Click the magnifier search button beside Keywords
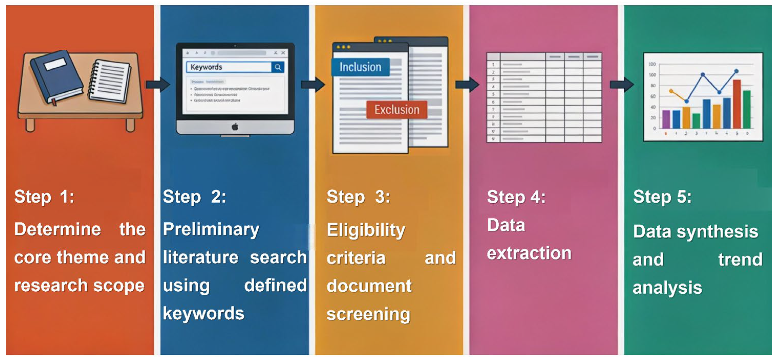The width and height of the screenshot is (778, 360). pyautogui.click(x=278, y=67)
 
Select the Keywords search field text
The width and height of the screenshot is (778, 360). pyautogui.click(x=206, y=67)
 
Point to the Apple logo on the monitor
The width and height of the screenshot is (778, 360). pyautogui.click(x=235, y=127)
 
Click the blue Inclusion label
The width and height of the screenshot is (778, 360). pyautogui.click(x=360, y=67)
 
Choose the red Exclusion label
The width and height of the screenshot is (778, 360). pyautogui.click(x=397, y=110)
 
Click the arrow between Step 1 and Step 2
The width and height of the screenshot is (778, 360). pyautogui.click(x=157, y=84)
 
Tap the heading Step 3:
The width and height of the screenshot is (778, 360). pyautogui.click(x=358, y=197)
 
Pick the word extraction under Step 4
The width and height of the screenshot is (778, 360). pyautogui.click(x=529, y=253)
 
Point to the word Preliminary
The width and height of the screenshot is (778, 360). pyautogui.click(x=211, y=229)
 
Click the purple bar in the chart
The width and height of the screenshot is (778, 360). pyautogui.click(x=666, y=119)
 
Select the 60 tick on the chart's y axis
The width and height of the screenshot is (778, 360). pyautogui.click(x=653, y=97)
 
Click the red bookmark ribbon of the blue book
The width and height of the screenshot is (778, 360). pyautogui.click(x=54, y=102)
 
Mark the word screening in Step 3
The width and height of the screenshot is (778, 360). pyautogui.click(x=368, y=314)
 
